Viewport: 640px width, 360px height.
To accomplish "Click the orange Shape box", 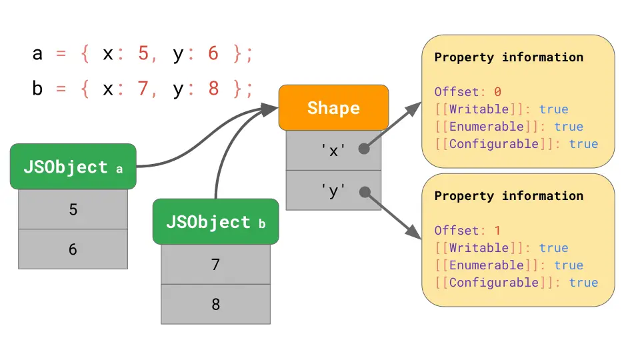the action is [x=333, y=108].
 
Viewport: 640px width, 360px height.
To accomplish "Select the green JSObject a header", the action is [x=73, y=167].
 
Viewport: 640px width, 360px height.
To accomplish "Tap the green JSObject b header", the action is [x=215, y=221].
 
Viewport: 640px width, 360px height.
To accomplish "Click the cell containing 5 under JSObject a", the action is [x=73, y=209].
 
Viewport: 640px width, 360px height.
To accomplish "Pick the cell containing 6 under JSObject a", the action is [x=73, y=249].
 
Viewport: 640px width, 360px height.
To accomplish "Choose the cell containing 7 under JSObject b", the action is [x=215, y=265].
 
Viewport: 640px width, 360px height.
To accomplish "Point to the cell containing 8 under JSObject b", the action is [x=215, y=304].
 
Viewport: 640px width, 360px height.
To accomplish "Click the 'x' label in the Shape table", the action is [x=333, y=151].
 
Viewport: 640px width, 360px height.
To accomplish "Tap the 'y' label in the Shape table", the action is [x=333, y=191].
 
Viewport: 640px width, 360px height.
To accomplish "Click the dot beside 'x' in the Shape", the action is [x=364, y=149].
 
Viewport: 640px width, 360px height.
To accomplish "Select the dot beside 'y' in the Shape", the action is [x=365, y=192].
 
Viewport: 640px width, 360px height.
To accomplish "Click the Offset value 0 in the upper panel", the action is [x=497, y=92].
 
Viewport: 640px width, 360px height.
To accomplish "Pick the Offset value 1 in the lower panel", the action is [x=497, y=231].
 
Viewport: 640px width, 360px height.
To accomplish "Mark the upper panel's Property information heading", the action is [x=509, y=57].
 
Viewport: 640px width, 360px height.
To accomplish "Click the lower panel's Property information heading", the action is [x=509, y=196].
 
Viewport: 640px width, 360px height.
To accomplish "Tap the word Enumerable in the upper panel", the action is [x=487, y=127].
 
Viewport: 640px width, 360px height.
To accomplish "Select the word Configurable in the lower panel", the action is [x=494, y=283].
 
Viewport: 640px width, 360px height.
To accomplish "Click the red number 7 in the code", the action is [x=143, y=88].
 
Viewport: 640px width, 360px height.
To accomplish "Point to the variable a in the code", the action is [x=37, y=53].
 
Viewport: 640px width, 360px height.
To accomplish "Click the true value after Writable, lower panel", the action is [x=553, y=248].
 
